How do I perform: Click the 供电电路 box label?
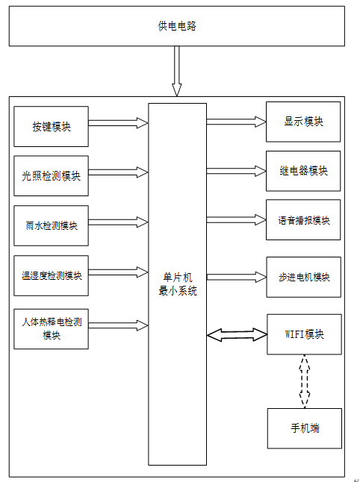[x=177, y=26]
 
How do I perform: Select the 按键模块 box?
[x=51, y=126]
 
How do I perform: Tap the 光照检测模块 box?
[x=51, y=176]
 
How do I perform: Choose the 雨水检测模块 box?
[x=51, y=225]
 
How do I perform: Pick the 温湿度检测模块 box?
[x=51, y=275]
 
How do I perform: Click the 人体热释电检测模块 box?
[x=51, y=329]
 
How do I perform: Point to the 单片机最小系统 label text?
[x=178, y=284]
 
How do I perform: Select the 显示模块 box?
[x=303, y=122]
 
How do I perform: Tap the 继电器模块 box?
[x=303, y=171]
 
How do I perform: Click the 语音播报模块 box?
[x=303, y=220]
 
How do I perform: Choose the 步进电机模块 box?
[x=304, y=277]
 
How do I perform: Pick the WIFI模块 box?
[x=304, y=334]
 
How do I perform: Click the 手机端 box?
[x=305, y=428]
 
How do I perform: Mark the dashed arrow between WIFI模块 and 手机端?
[x=305, y=381]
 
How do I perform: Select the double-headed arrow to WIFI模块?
[x=237, y=335]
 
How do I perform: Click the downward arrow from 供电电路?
[x=176, y=71]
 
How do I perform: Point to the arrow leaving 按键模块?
[x=119, y=123]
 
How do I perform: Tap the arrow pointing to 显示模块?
[x=236, y=122]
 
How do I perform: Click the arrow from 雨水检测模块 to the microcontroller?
[x=119, y=222]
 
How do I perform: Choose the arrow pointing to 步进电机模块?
[x=237, y=277]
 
